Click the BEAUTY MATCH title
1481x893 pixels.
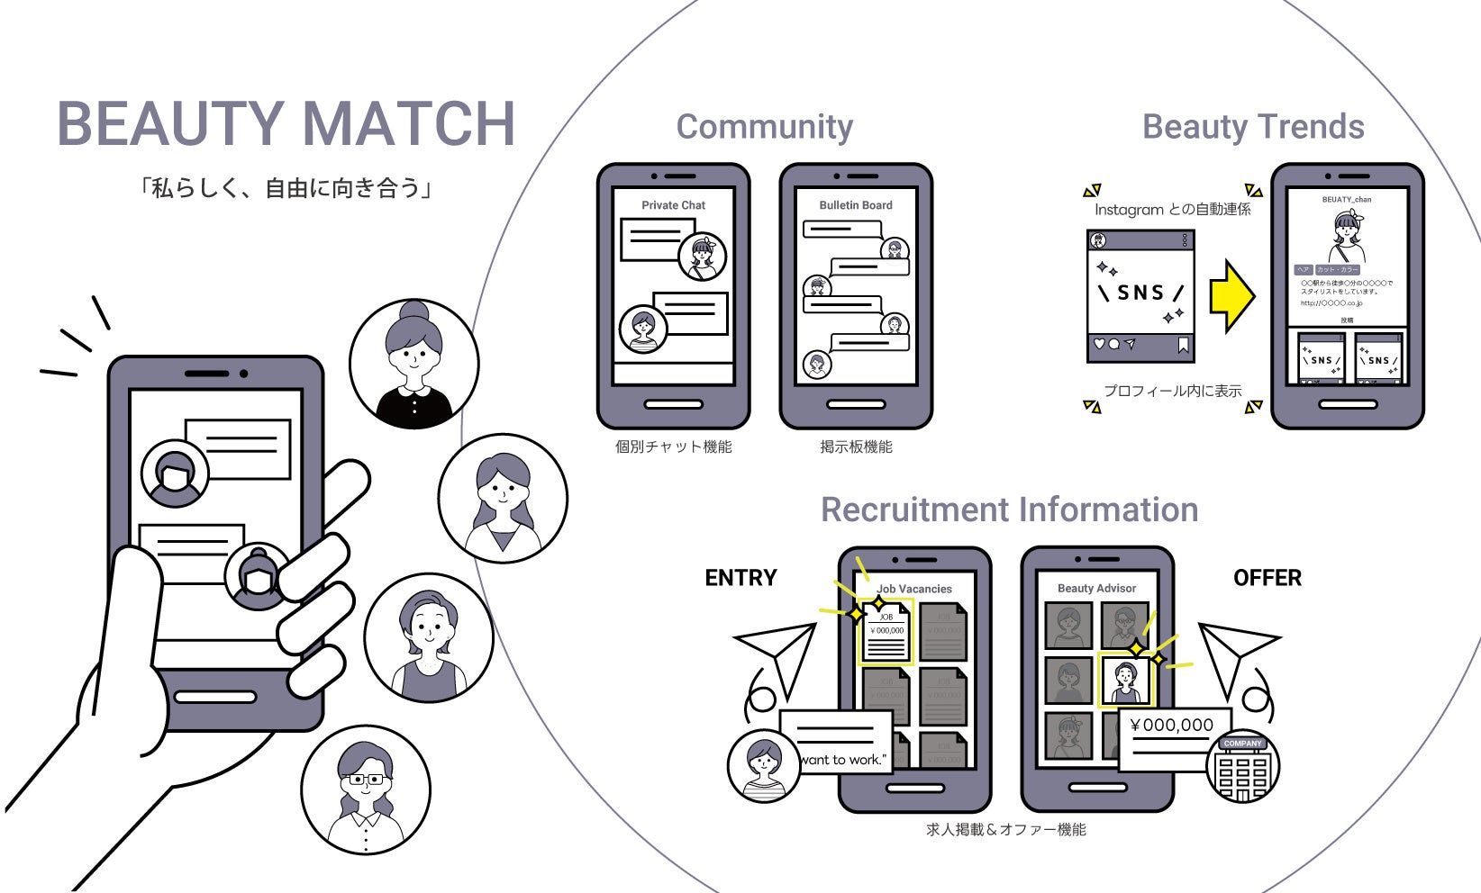286,123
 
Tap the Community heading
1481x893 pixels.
764,127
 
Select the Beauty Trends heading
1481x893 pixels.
1252,127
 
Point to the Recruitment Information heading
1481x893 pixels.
1009,510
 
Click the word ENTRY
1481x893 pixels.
740,578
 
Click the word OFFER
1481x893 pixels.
1267,578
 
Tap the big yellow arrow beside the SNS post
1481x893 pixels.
1231,295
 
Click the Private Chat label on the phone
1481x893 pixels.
673,205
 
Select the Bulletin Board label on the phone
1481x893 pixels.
855,205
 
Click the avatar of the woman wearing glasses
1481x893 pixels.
365,790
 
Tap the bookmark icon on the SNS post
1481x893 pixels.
1183,345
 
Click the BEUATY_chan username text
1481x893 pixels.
1346,200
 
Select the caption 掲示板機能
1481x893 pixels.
855,446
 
